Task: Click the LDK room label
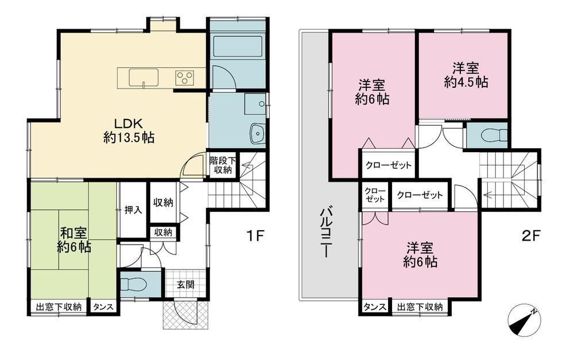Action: coord(126,123)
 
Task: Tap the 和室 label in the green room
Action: coord(73,233)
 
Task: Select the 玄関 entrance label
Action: coord(185,284)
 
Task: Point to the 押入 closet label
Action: coord(133,210)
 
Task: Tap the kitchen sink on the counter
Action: coord(143,78)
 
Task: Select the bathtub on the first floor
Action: coord(237,46)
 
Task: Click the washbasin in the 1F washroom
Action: coord(258,133)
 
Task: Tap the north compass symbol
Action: coord(523,320)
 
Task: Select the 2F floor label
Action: coord(530,236)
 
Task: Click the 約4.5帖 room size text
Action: coord(466,82)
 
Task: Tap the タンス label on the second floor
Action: coord(374,307)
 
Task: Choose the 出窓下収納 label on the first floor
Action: coord(59,307)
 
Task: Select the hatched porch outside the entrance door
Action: coord(185,314)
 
